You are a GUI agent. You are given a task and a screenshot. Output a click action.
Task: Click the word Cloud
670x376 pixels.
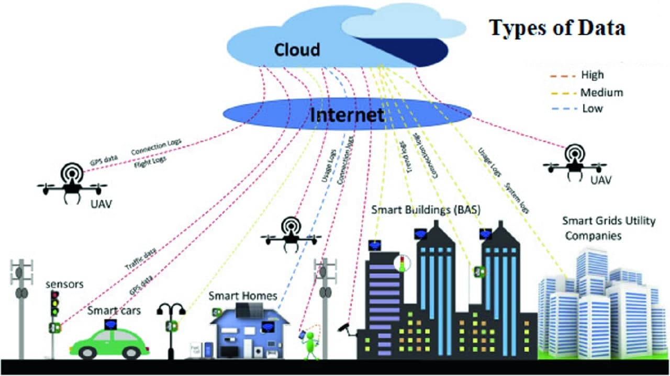(x=296, y=50)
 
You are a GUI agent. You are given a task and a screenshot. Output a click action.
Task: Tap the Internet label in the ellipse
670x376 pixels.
(x=347, y=115)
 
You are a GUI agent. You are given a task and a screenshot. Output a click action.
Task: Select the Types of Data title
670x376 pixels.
(x=557, y=28)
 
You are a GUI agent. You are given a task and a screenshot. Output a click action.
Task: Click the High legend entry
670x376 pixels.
(x=592, y=75)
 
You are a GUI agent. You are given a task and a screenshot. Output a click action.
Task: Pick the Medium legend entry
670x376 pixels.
(x=601, y=93)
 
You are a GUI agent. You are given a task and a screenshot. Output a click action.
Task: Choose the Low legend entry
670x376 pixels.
(x=592, y=109)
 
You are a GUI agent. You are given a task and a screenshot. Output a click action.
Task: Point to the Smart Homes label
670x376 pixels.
(x=243, y=296)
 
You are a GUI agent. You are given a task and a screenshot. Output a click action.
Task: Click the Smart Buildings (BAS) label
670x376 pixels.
(x=426, y=210)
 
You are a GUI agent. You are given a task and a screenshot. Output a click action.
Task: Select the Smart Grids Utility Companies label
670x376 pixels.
(x=608, y=228)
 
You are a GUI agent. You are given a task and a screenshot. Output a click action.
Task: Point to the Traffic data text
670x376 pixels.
(x=140, y=260)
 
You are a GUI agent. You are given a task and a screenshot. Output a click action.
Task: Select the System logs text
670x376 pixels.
(x=517, y=198)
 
